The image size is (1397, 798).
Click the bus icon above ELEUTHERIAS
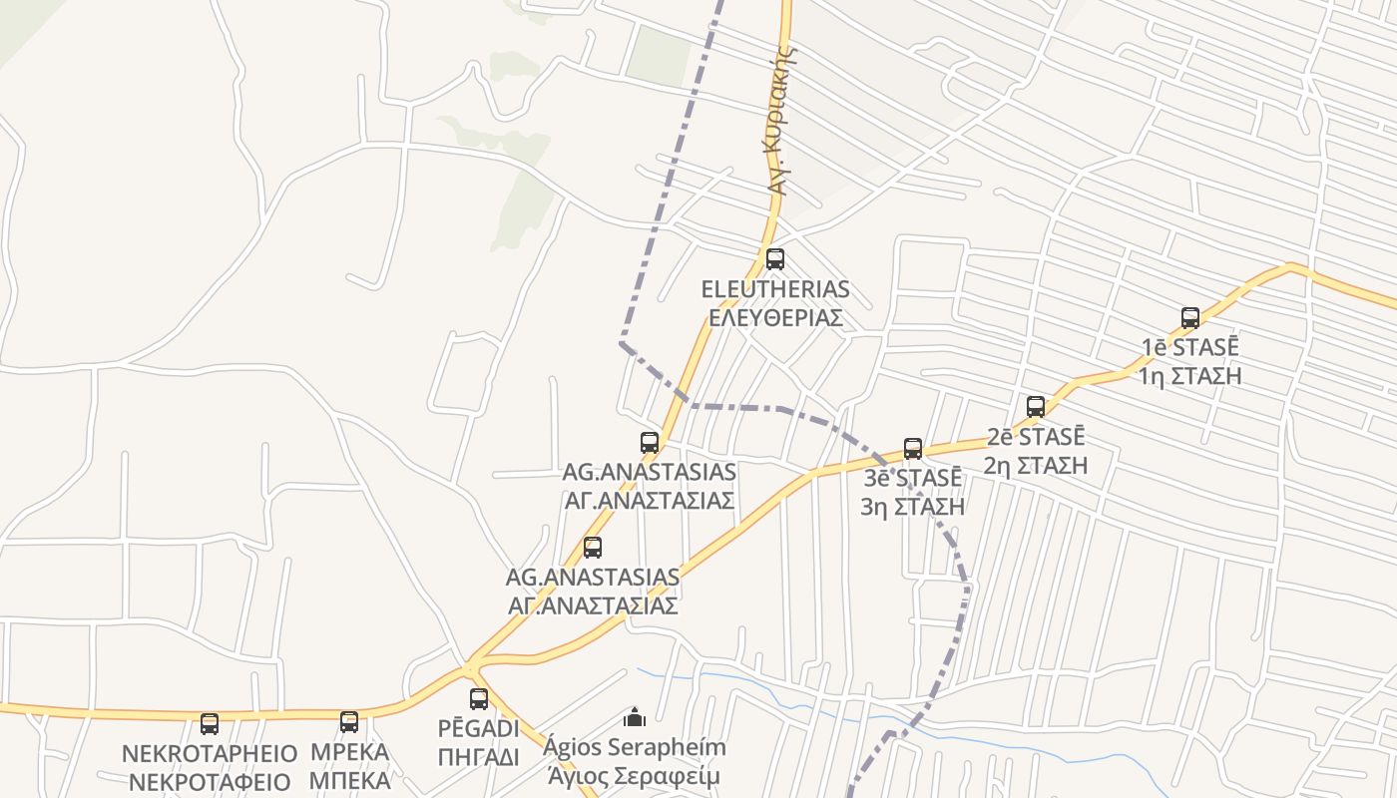coord(775,259)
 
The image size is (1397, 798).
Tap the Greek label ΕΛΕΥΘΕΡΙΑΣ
coord(775,318)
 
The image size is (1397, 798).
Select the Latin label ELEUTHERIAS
coord(775,290)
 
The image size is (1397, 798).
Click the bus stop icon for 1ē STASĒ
coord(1190,318)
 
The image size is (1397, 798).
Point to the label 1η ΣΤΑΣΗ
coord(1190,376)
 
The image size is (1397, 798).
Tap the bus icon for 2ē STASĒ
coord(1036,407)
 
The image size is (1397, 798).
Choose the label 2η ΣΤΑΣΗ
coord(1036,465)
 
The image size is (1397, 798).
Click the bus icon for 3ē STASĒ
coord(913,449)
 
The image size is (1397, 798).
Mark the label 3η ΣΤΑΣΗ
coord(913,507)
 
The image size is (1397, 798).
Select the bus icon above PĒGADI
coord(479,699)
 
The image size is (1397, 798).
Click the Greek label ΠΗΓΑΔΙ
coord(479,757)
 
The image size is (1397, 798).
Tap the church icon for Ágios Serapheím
coord(634,717)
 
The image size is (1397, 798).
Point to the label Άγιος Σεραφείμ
coord(634,776)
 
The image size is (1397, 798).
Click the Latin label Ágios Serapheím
coord(637,747)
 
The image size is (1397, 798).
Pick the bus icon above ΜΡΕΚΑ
coord(349,722)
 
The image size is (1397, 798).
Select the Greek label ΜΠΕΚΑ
coord(349,780)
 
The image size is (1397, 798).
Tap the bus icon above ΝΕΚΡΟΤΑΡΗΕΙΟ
coord(210,724)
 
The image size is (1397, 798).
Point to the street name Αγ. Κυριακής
coord(782,120)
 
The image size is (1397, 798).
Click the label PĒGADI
coord(479,728)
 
